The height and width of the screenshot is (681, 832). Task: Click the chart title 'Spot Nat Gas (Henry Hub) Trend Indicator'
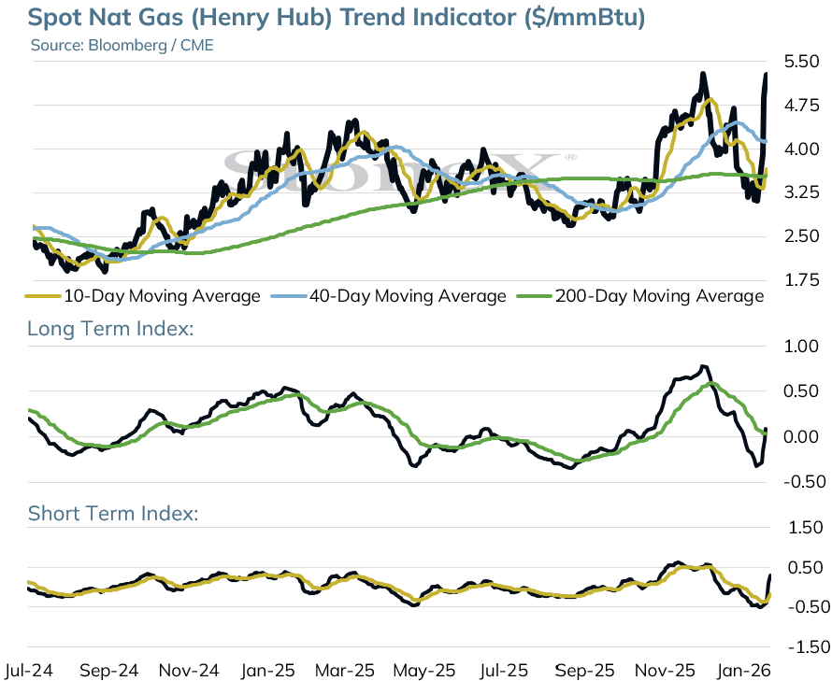tap(273, 18)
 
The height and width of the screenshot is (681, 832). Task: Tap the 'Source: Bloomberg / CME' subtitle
tap(122, 45)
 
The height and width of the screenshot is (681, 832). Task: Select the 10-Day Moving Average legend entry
tap(143, 296)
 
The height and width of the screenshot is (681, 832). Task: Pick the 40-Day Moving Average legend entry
tap(388, 296)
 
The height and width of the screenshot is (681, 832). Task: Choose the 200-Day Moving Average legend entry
tap(640, 296)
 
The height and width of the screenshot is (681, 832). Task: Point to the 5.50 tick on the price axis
tap(801, 62)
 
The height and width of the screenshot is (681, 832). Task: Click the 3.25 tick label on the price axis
tap(801, 192)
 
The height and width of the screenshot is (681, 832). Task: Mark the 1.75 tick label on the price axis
tap(801, 279)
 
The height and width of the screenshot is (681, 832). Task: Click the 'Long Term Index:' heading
tap(110, 329)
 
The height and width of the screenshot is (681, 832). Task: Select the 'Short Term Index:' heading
tap(113, 514)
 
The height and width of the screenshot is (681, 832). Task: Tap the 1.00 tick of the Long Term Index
tap(801, 347)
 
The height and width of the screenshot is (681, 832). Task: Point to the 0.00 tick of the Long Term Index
tap(801, 437)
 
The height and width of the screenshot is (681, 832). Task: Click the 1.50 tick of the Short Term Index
tap(805, 527)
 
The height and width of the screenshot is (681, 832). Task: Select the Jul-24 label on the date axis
tap(28, 671)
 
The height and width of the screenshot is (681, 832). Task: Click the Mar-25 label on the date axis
tap(345, 671)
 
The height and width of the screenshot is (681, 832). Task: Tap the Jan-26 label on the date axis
tap(743, 671)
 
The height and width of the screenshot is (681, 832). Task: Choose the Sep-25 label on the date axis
tap(584, 671)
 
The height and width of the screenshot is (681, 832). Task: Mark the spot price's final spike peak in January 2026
tap(767, 74)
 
